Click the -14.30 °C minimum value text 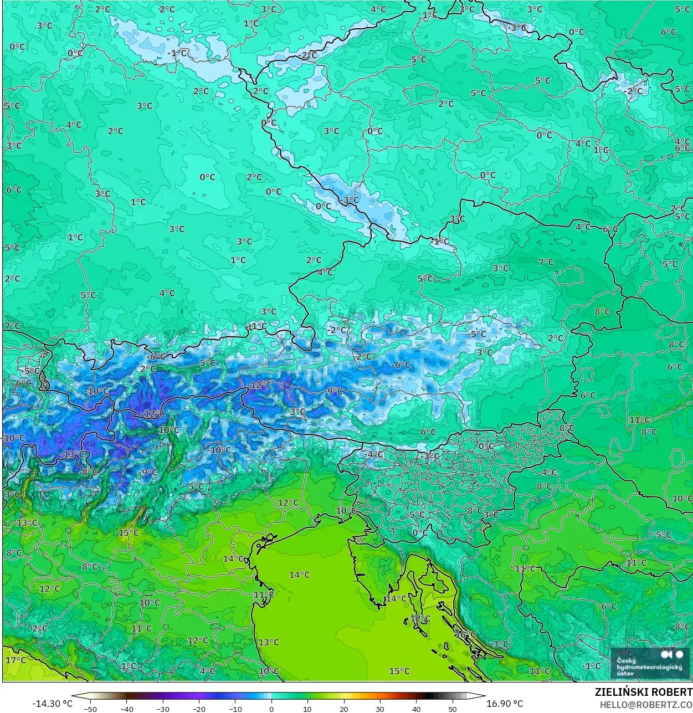(x=52, y=704)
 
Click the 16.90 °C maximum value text (x=504, y=704)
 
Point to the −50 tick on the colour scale (x=90, y=709)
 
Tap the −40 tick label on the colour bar (x=127, y=709)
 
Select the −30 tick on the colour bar (x=163, y=709)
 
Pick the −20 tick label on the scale (x=199, y=709)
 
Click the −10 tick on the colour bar (x=235, y=709)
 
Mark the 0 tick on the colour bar (x=271, y=709)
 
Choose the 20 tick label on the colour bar (x=344, y=709)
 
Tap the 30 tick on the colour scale (x=380, y=709)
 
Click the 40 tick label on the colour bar (x=417, y=709)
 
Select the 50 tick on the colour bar (x=453, y=709)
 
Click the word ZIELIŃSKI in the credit (x=619, y=692)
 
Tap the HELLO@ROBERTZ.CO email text (x=646, y=704)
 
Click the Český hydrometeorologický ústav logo (x=649, y=663)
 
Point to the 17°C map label (x=16, y=660)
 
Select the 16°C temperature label (x=465, y=634)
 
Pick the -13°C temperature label (x=73, y=454)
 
